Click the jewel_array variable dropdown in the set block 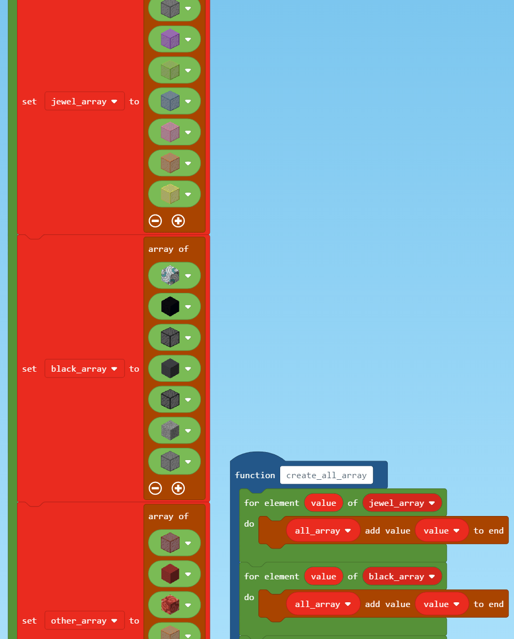pyautogui.click(x=84, y=101)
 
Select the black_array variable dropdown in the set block pyautogui.click(x=84, y=368)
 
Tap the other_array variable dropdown pyautogui.click(x=84, y=620)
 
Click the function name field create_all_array pyautogui.click(x=326, y=475)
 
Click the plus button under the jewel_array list pyautogui.click(x=178, y=220)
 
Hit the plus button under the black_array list pyautogui.click(x=178, y=488)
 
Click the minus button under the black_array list pyautogui.click(x=155, y=488)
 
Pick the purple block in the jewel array pyautogui.click(x=170, y=39)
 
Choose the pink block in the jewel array pyautogui.click(x=170, y=132)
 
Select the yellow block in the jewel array pyautogui.click(x=170, y=194)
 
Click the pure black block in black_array pyautogui.click(x=170, y=307)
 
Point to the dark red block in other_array pyautogui.click(x=170, y=574)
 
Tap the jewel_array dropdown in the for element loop pyautogui.click(x=402, y=503)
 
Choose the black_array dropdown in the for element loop pyautogui.click(x=402, y=576)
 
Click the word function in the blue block pyautogui.click(x=255, y=475)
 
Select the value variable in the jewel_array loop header pyautogui.click(x=323, y=503)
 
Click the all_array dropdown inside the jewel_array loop pyautogui.click(x=323, y=530)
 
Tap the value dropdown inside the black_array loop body pyautogui.click(x=442, y=604)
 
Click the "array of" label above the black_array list pyautogui.click(x=168, y=249)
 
